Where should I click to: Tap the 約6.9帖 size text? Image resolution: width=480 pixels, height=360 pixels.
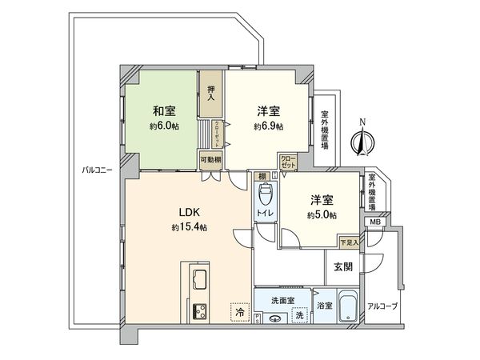coord(268,126)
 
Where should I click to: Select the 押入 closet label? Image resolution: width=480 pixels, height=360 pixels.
coord(211,94)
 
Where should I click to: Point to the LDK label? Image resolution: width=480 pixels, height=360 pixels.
coord(189,213)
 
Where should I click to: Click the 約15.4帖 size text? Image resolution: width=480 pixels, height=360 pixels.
coord(189,228)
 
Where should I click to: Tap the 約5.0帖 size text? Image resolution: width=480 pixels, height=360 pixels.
coord(322,216)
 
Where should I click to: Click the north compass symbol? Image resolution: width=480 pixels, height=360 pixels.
coord(362,142)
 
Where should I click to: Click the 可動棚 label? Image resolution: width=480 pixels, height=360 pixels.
coord(210,159)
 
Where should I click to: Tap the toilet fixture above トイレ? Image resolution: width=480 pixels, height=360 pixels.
coord(266,194)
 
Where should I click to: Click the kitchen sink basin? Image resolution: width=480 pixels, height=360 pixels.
coord(198,279)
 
